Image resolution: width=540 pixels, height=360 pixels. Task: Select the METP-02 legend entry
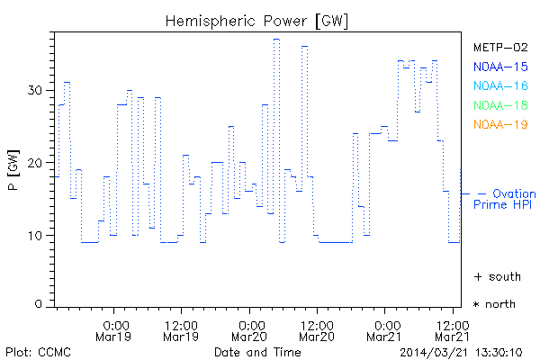point(501,46)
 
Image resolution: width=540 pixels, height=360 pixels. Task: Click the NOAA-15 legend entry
point(501,66)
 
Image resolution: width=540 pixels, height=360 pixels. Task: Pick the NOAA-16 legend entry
point(501,85)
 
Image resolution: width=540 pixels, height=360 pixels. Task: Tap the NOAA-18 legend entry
point(501,105)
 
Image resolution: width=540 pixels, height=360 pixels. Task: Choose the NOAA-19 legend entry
point(501,125)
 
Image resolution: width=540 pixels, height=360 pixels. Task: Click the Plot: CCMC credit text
point(35,351)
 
